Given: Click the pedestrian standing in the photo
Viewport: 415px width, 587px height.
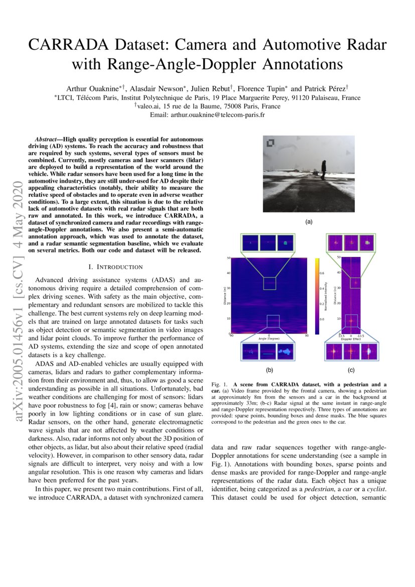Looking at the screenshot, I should click(x=324, y=174).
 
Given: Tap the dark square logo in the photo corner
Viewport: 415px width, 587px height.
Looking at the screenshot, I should click(x=270, y=143).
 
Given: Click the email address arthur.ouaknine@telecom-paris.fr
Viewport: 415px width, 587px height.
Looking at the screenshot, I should click(x=221, y=114).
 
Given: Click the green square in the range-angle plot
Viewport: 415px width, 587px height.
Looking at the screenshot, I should click(x=269, y=283).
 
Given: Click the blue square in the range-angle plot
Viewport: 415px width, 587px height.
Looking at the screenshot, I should click(x=272, y=321).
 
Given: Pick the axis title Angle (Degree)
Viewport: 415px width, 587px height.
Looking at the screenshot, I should click(x=269, y=339).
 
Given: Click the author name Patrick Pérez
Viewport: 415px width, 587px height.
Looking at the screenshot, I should click(x=326, y=88).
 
